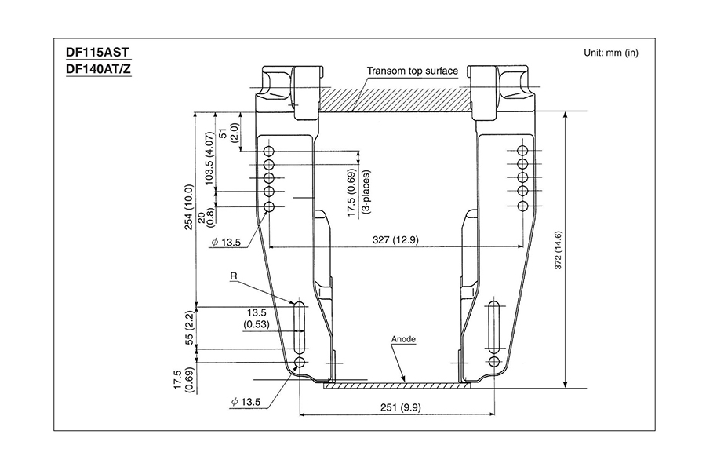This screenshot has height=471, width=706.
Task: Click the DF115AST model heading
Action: pos(98,53)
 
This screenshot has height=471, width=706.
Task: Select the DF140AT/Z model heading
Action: pos(99,69)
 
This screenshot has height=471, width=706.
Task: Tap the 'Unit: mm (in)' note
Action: pos(611,53)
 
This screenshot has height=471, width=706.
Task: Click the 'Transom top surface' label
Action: pos(413,71)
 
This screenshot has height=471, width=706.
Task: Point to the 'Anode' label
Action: pos(403,339)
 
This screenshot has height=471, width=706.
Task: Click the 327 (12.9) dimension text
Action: pos(395,239)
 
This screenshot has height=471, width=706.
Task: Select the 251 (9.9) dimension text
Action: pos(401,407)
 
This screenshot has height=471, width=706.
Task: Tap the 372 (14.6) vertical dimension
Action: pos(559,250)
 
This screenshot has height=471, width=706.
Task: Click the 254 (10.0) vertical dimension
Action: pos(189,207)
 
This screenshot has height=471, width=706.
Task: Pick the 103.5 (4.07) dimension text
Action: pos(209,159)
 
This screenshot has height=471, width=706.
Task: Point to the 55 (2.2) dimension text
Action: pos(190,327)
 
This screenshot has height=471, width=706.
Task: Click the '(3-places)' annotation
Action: pos(366,192)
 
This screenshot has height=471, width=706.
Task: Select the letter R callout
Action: pos(234,276)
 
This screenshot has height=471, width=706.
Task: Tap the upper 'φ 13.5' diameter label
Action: pos(227,243)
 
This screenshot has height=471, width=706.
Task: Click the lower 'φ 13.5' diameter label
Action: pos(246,402)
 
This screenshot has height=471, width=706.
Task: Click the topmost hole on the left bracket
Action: pos(269,151)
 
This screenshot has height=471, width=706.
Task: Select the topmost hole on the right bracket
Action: pos(522,151)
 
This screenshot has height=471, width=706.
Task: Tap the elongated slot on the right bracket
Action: pos(494,327)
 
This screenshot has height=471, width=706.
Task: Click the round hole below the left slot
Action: pos(300,362)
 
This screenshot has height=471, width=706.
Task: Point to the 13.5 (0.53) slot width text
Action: pos(257,318)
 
